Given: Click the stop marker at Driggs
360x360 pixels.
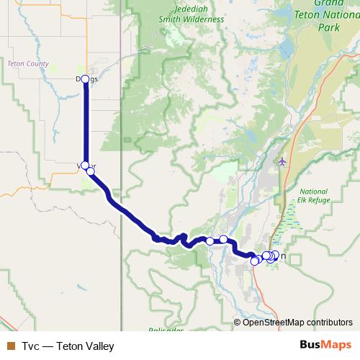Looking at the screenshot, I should [x=85, y=79].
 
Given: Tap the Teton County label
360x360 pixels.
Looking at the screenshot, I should [x=27, y=64].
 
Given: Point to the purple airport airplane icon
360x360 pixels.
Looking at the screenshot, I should [x=282, y=161].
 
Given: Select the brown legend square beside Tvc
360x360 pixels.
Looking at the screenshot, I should [x=9, y=346].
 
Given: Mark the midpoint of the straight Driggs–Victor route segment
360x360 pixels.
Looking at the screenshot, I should [x=86, y=122].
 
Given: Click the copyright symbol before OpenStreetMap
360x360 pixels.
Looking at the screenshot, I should [x=238, y=323].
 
